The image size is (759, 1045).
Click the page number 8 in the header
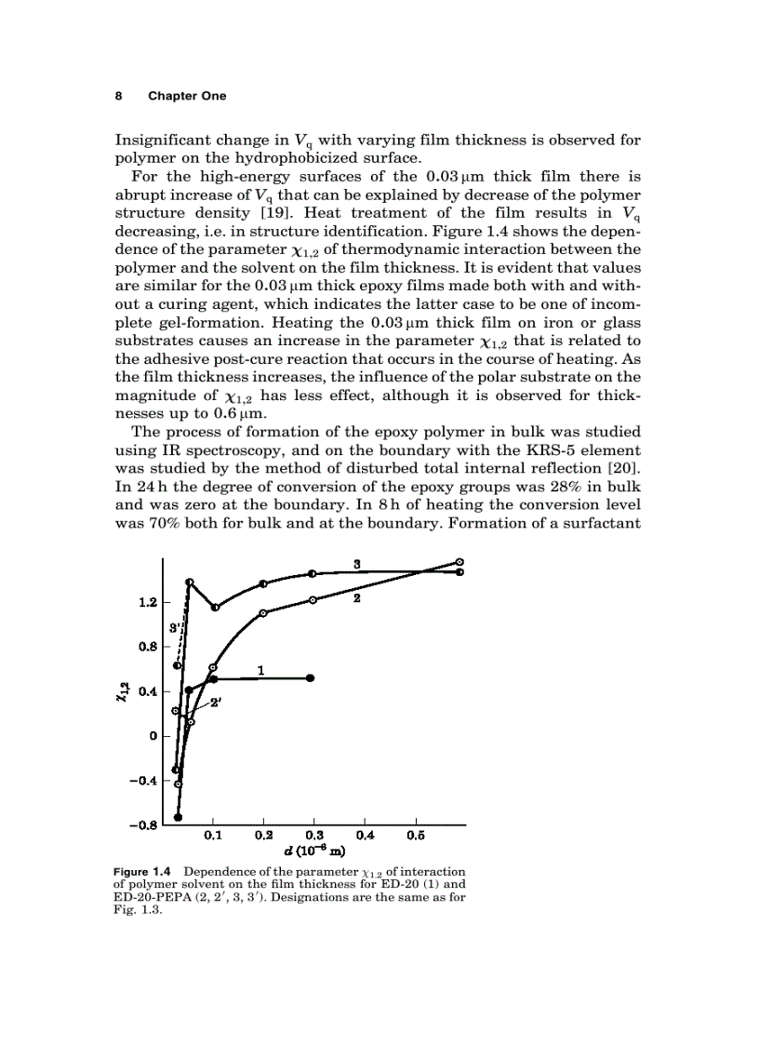pyautogui.click(x=118, y=96)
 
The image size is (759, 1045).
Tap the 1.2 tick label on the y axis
pyautogui.click(x=145, y=602)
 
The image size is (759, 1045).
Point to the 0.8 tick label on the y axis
pyautogui.click(x=145, y=647)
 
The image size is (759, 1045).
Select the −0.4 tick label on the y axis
pyautogui.click(x=141, y=781)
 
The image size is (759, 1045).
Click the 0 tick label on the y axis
pyautogui.click(x=152, y=736)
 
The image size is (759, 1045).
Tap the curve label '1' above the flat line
pyautogui.click(x=261, y=668)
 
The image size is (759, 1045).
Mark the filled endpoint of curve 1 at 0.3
pyautogui.click(x=311, y=677)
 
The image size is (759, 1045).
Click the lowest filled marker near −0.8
pyautogui.click(x=178, y=817)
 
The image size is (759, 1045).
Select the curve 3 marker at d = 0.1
pyautogui.click(x=215, y=608)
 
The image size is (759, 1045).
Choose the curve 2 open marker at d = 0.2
pyautogui.click(x=263, y=612)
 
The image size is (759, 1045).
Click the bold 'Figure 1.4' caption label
pyautogui.click(x=141, y=871)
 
